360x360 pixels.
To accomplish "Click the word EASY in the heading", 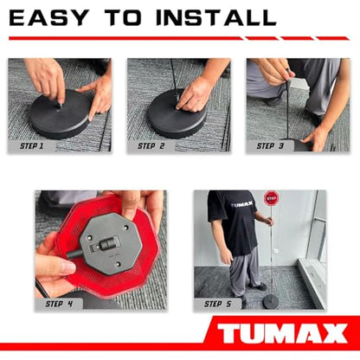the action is pyautogui.click(x=48, y=17).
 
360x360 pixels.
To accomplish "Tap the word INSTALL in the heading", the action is pyautogui.click(x=216, y=17).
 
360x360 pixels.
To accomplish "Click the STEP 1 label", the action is pyautogui.click(x=31, y=146).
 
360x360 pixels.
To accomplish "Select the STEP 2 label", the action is pyautogui.click(x=151, y=146).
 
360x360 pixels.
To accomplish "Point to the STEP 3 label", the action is pyautogui.click(x=270, y=146).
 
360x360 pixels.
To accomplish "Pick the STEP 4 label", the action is pyautogui.click(x=59, y=304).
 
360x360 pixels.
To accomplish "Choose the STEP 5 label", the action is pyautogui.click(x=218, y=304).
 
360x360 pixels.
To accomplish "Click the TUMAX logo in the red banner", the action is pyautogui.click(x=282, y=333).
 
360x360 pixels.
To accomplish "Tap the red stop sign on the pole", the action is pyautogui.click(x=271, y=198).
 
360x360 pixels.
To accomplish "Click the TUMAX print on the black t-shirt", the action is pyautogui.click(x=241, y=204).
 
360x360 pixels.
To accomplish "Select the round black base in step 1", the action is pyautogui.click(x=60, y=113).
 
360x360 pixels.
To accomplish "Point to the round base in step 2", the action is pyautogui.click(x=177, y=115).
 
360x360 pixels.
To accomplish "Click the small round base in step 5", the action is pyautogui.click(x=271, y=302).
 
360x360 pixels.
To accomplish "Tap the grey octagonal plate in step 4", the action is pyautogui.click(x=111, y=243).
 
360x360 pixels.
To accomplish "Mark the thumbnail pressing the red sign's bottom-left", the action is pyautogui.click(x=67, y=267).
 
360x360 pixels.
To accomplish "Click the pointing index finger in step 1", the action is pyautogui.click(x=93, y=102).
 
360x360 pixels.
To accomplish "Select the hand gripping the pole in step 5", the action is pyautogui.click(x=268, y=221).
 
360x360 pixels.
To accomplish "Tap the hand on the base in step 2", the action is pyautogui.click(x=193, y=97).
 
